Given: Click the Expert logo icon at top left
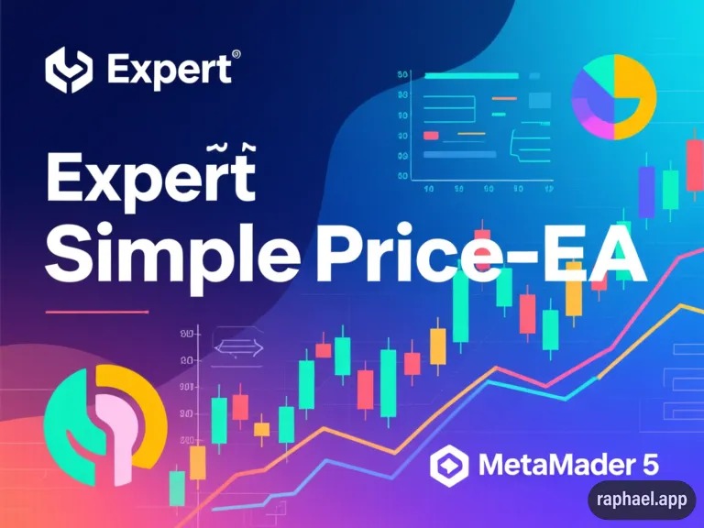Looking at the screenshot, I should click(69, 68).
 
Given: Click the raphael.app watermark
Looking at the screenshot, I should click(642, 500).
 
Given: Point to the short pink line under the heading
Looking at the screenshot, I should click(96, 312).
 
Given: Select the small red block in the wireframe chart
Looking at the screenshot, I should click(431, 135).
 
